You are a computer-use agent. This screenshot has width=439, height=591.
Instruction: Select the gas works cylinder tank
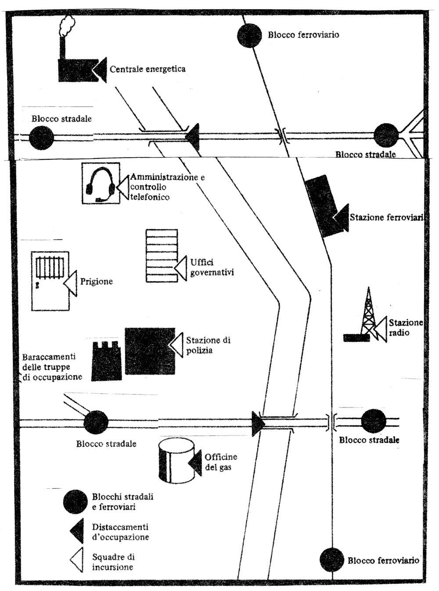click(176, 461)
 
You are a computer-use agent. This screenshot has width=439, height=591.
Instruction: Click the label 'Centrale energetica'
click(148, 69)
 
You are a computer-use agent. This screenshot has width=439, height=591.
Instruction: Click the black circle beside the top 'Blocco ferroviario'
click(249, 36)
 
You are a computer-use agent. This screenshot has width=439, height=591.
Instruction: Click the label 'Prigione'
click(96, 281)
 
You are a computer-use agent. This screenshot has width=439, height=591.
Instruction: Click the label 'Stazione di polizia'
click(208, 345)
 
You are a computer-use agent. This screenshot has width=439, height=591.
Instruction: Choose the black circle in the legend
click(75, 502)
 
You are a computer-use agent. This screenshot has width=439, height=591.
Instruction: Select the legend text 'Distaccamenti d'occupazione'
click(120, 532)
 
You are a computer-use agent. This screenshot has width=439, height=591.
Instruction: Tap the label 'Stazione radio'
click(406, 328)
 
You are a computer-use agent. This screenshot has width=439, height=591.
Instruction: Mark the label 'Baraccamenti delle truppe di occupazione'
click(52, 367)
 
